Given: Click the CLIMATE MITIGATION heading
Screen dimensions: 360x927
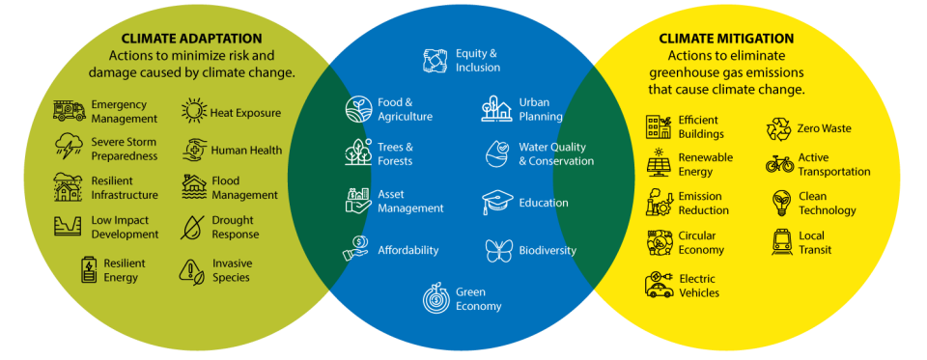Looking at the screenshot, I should [726, 39].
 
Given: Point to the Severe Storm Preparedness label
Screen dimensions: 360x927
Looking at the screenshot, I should [125, 149].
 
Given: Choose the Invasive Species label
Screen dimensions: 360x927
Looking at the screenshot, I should [232, 270].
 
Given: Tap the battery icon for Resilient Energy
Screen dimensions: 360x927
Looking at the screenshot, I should [89, 270].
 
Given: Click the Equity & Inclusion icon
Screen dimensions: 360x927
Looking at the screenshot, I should [436, 61].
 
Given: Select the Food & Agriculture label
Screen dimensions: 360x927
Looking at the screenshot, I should [405, 109].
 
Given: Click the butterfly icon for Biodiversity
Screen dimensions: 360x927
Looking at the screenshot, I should [498, 251].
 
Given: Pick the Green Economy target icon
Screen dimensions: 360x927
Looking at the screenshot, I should [436, 299].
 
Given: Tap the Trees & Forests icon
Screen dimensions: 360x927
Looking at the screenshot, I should [359, 152].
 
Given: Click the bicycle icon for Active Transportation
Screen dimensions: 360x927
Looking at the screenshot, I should [779, 164].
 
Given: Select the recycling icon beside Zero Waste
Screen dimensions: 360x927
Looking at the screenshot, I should [778, 128].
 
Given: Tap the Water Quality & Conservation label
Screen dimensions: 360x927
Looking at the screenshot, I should [556, 154].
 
